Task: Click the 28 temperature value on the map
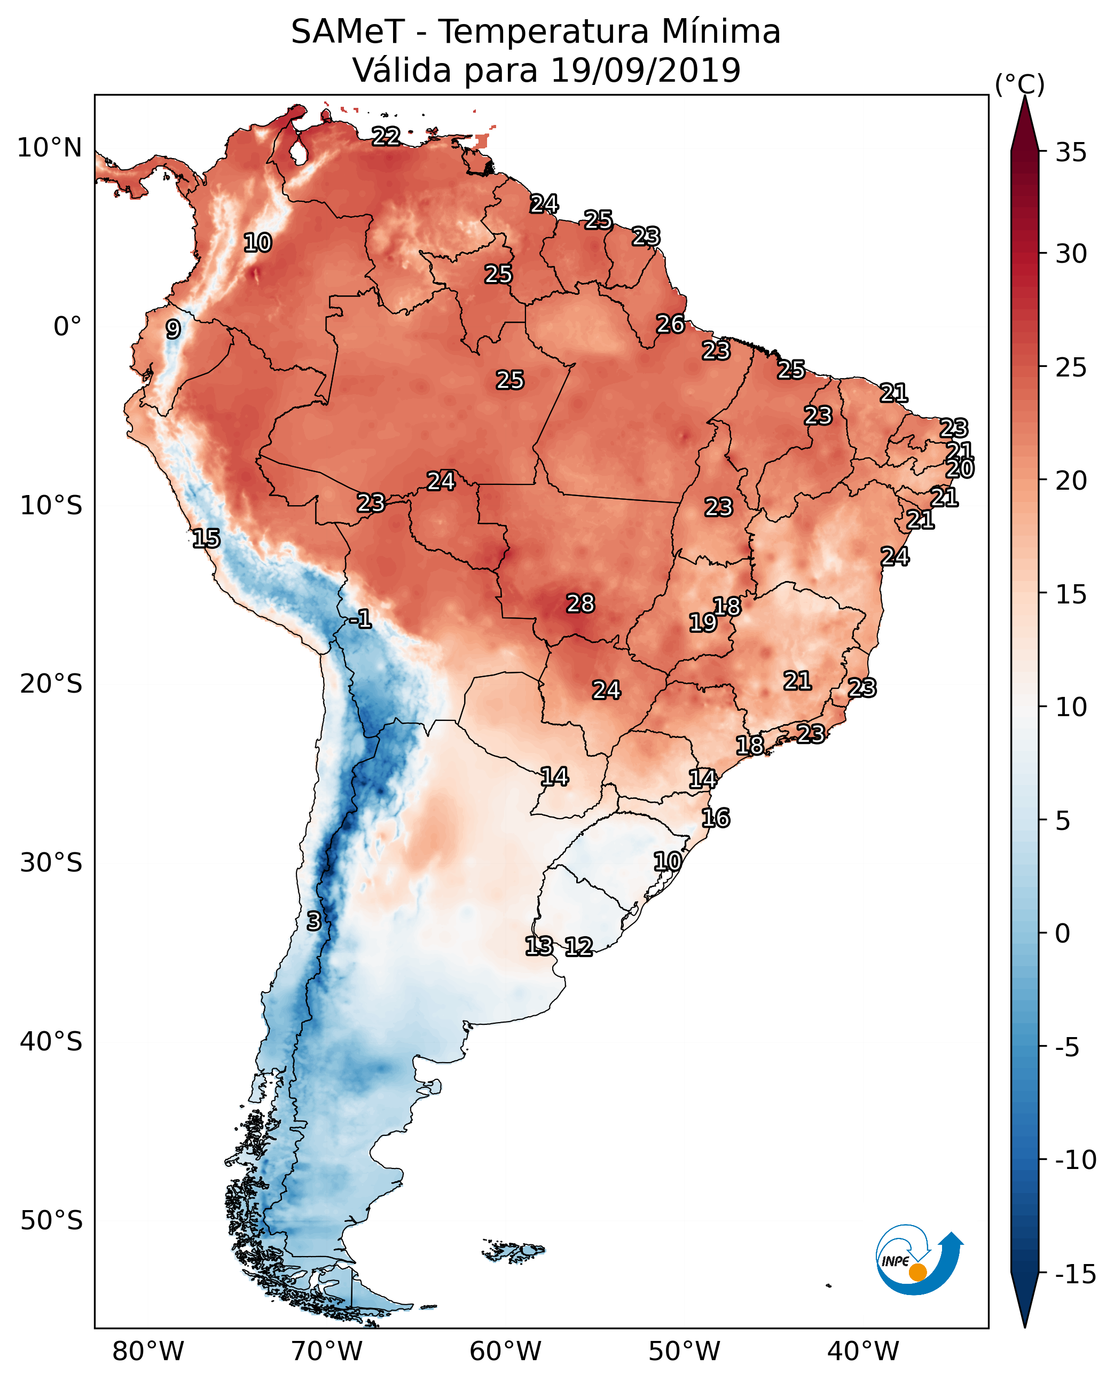(580, 603)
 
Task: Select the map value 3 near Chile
(313, 921)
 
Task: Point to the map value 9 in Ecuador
(172, 329)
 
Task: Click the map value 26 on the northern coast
(670, 324)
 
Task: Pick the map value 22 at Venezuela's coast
(386, 136)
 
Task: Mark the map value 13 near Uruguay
(538, 945)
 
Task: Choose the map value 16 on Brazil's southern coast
(715, 818)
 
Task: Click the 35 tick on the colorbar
(1071, 153)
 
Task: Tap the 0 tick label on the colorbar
(1063, 933)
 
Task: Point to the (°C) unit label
(1019, 84)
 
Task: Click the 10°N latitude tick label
(50, 148)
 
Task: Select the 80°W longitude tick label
(148, 1352)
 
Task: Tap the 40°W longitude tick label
(863, 1352)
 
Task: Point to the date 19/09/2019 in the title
(645, 70)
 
